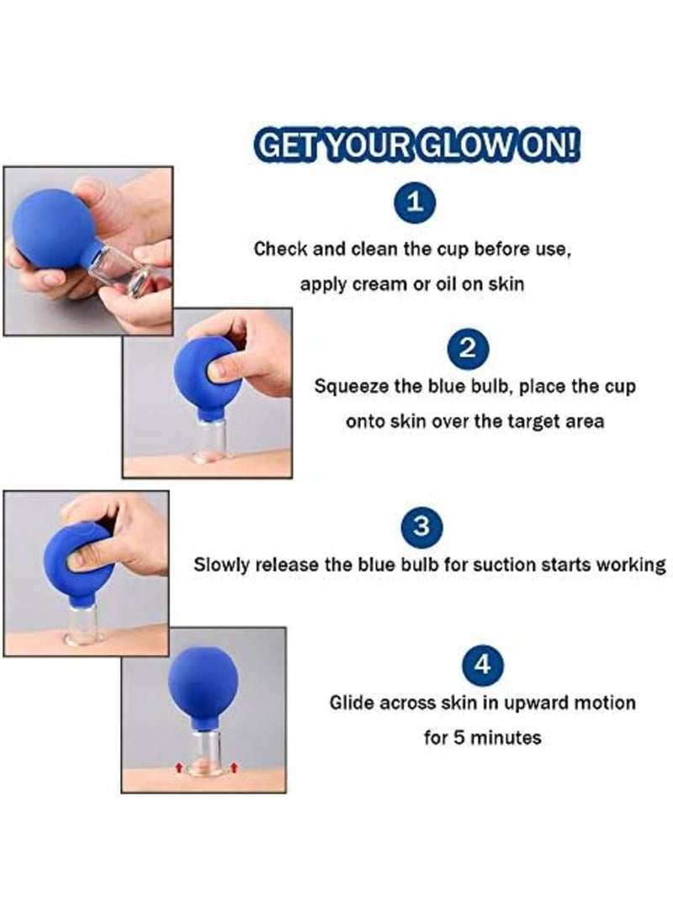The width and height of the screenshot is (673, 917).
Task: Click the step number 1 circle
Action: click(x=414, y=203)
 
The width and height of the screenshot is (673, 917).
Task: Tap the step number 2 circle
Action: click(x=470, y=350)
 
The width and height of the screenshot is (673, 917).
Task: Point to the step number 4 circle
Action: click(x=482, y=665)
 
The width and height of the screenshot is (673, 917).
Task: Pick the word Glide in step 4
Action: click(x=349, y=702)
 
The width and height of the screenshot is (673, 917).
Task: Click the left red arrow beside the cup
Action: click(x=178, y=767)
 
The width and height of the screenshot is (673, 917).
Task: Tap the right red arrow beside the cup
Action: click(x=234, y=767)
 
